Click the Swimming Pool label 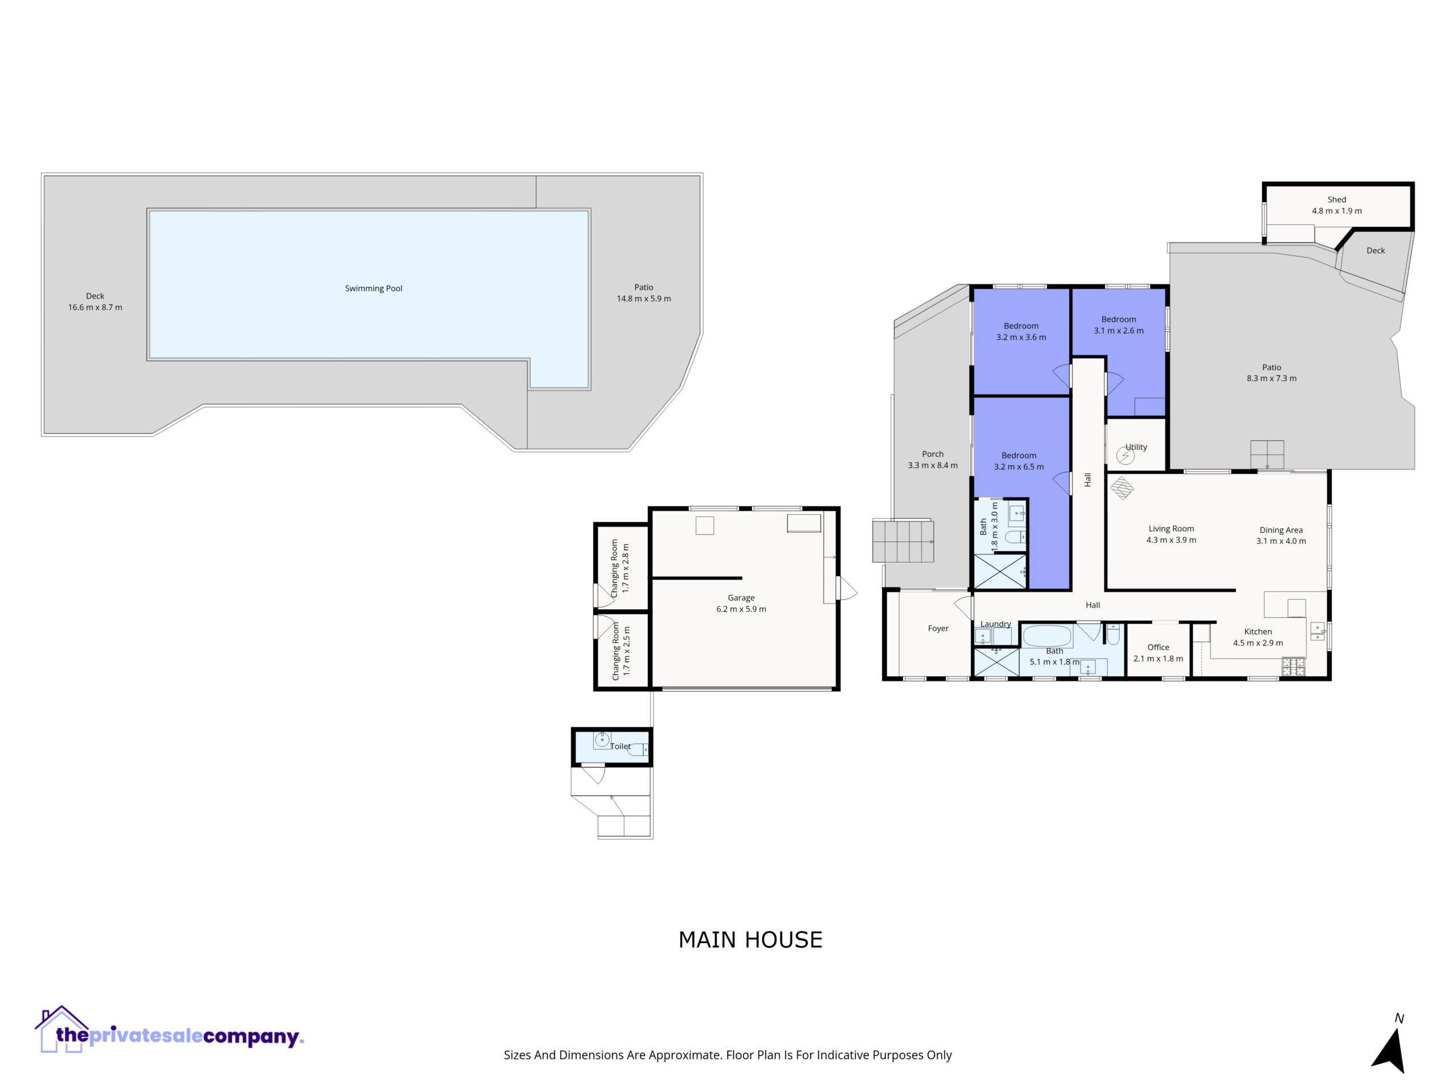pyautogui.click(x=373, y=288)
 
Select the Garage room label pyautogui.click(x=741, y=598)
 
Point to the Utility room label pyautogui.click(x=1136, y=447)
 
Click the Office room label pyautogui.click(x=1158, y=647)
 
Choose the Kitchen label pyautogui.click(x=1258, y=631)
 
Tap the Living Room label pyautogui.click(x=1171, y=528)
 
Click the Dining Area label pyautogui.click(x=1281, y=530)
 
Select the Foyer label pyautogui.click(x=938, y=628)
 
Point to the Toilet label pyautogui.click(x=620, y=746)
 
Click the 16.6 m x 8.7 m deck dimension pyautogui.click(x=95, y=307)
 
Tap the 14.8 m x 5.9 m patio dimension pyautogui.click(x=644, y=299)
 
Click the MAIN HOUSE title pyautogui.click(x=750, y=940)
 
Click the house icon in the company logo pyautogui.click(x=61, y=1029)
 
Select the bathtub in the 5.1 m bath pyautogui.click(x=1046, y=636)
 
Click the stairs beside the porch pyautogui.click(x=903, y=540)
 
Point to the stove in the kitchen pyautogui.click(x=1293, y=667)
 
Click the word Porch pyautogui.click(x=933, y=454)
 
